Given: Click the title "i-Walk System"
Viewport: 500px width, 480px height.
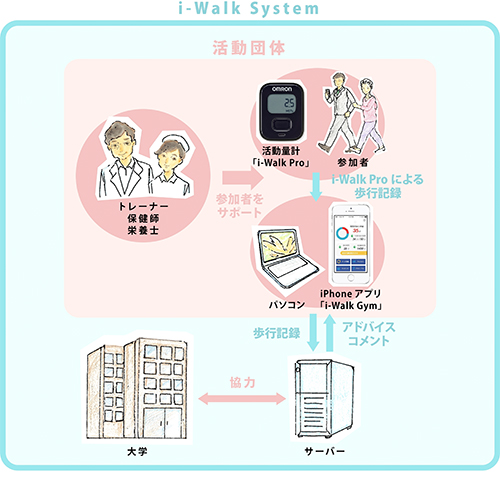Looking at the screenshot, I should click(249, 10).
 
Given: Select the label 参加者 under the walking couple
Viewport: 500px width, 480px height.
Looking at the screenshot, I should click(355, 160).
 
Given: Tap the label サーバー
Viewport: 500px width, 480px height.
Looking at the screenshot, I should click(321, 453).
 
